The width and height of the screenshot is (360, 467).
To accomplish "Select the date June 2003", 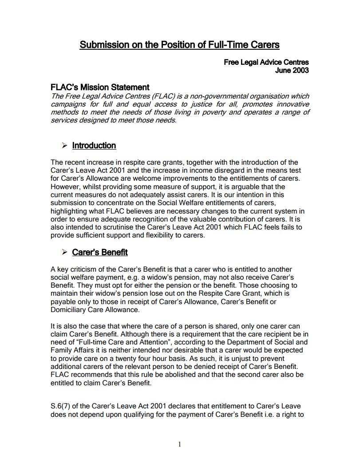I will click(292, 70).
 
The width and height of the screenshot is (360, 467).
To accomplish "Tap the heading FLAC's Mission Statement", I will click(100, 87).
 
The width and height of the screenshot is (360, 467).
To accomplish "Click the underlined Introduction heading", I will click(94, 146).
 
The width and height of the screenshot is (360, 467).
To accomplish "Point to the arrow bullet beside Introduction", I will click(64, 146).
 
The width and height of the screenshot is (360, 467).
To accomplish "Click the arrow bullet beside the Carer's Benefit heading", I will click(64, 252).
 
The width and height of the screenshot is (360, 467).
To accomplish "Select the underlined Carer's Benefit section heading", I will click(100, 252).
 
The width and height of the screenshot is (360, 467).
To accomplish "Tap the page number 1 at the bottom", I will click(179, 444).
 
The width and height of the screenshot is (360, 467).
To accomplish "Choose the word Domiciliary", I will click(70, 309).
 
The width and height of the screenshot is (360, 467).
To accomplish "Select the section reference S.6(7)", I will click(63, 406).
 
